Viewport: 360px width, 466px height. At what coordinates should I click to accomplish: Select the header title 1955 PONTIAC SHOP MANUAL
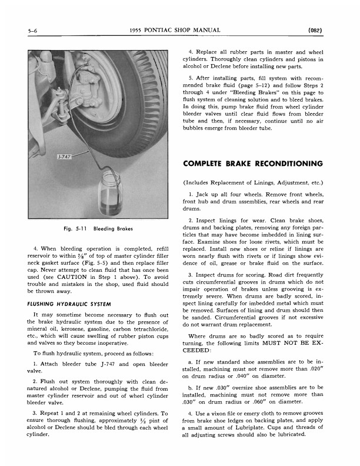pyautogui.click(x=177, y=29)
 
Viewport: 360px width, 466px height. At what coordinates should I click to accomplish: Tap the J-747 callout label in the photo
pyautogui.click(x=65, y=158)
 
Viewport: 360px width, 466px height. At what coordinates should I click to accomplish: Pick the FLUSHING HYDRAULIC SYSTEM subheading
pyautogui.click(x=69, y=304)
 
